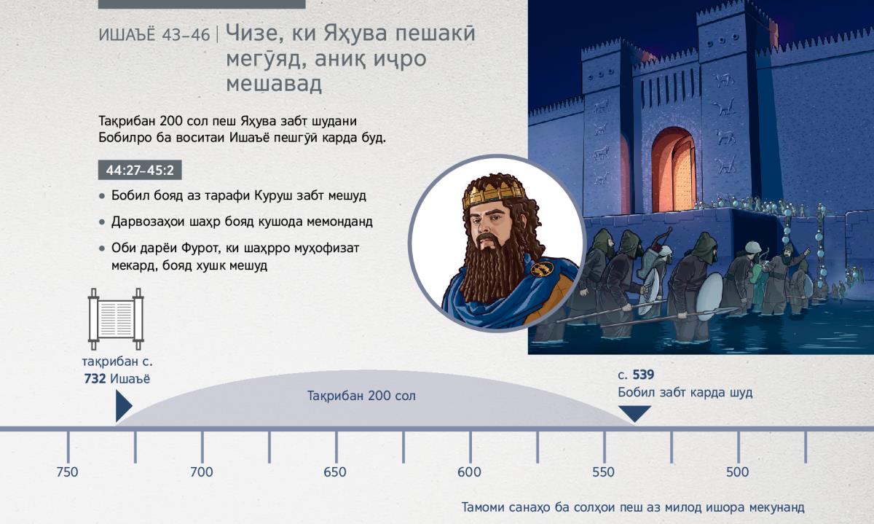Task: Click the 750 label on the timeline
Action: coord(67,472)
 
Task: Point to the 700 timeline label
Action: coord(201,472)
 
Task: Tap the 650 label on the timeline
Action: coord(335,472)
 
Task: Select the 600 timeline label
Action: coord(469,472)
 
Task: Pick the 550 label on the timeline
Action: coord(603,472)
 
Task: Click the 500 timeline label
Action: coord(737,472)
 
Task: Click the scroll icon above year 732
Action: coord(116,319)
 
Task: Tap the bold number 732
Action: coord(95,379)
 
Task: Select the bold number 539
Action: coord(643,375)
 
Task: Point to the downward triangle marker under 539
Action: coord(635,412)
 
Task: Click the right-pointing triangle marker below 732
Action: coord(123,406)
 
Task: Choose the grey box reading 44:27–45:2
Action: coord(140,170)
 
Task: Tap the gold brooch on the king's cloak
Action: coord(542,268)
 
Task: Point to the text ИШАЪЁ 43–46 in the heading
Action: coord(154,35)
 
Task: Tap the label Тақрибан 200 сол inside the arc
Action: coord(361,396)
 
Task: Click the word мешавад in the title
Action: coord(274,84)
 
